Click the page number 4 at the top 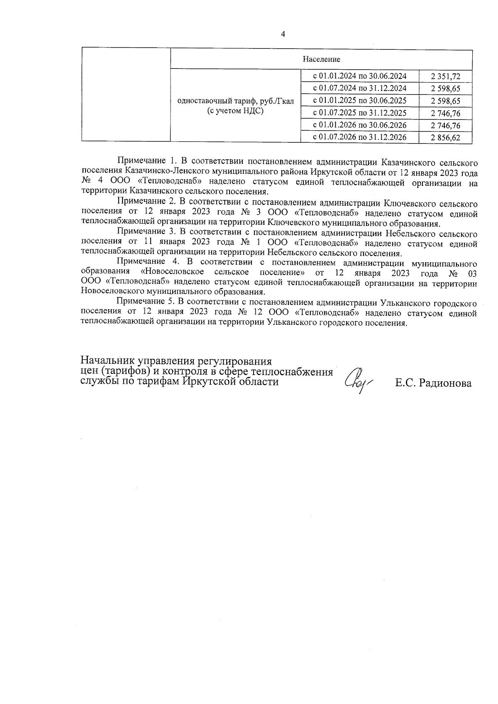click(283, 34)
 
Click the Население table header click(321, 59)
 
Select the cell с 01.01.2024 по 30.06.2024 click(359, 76)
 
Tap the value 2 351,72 click(446, 76)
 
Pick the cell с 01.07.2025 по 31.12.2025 click(359, 113)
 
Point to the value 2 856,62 click(446, 138)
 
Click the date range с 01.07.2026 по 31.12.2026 click(359, 137)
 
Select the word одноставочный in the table click(203, 101)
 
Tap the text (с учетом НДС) click(235, 111)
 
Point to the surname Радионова click(446, 383)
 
